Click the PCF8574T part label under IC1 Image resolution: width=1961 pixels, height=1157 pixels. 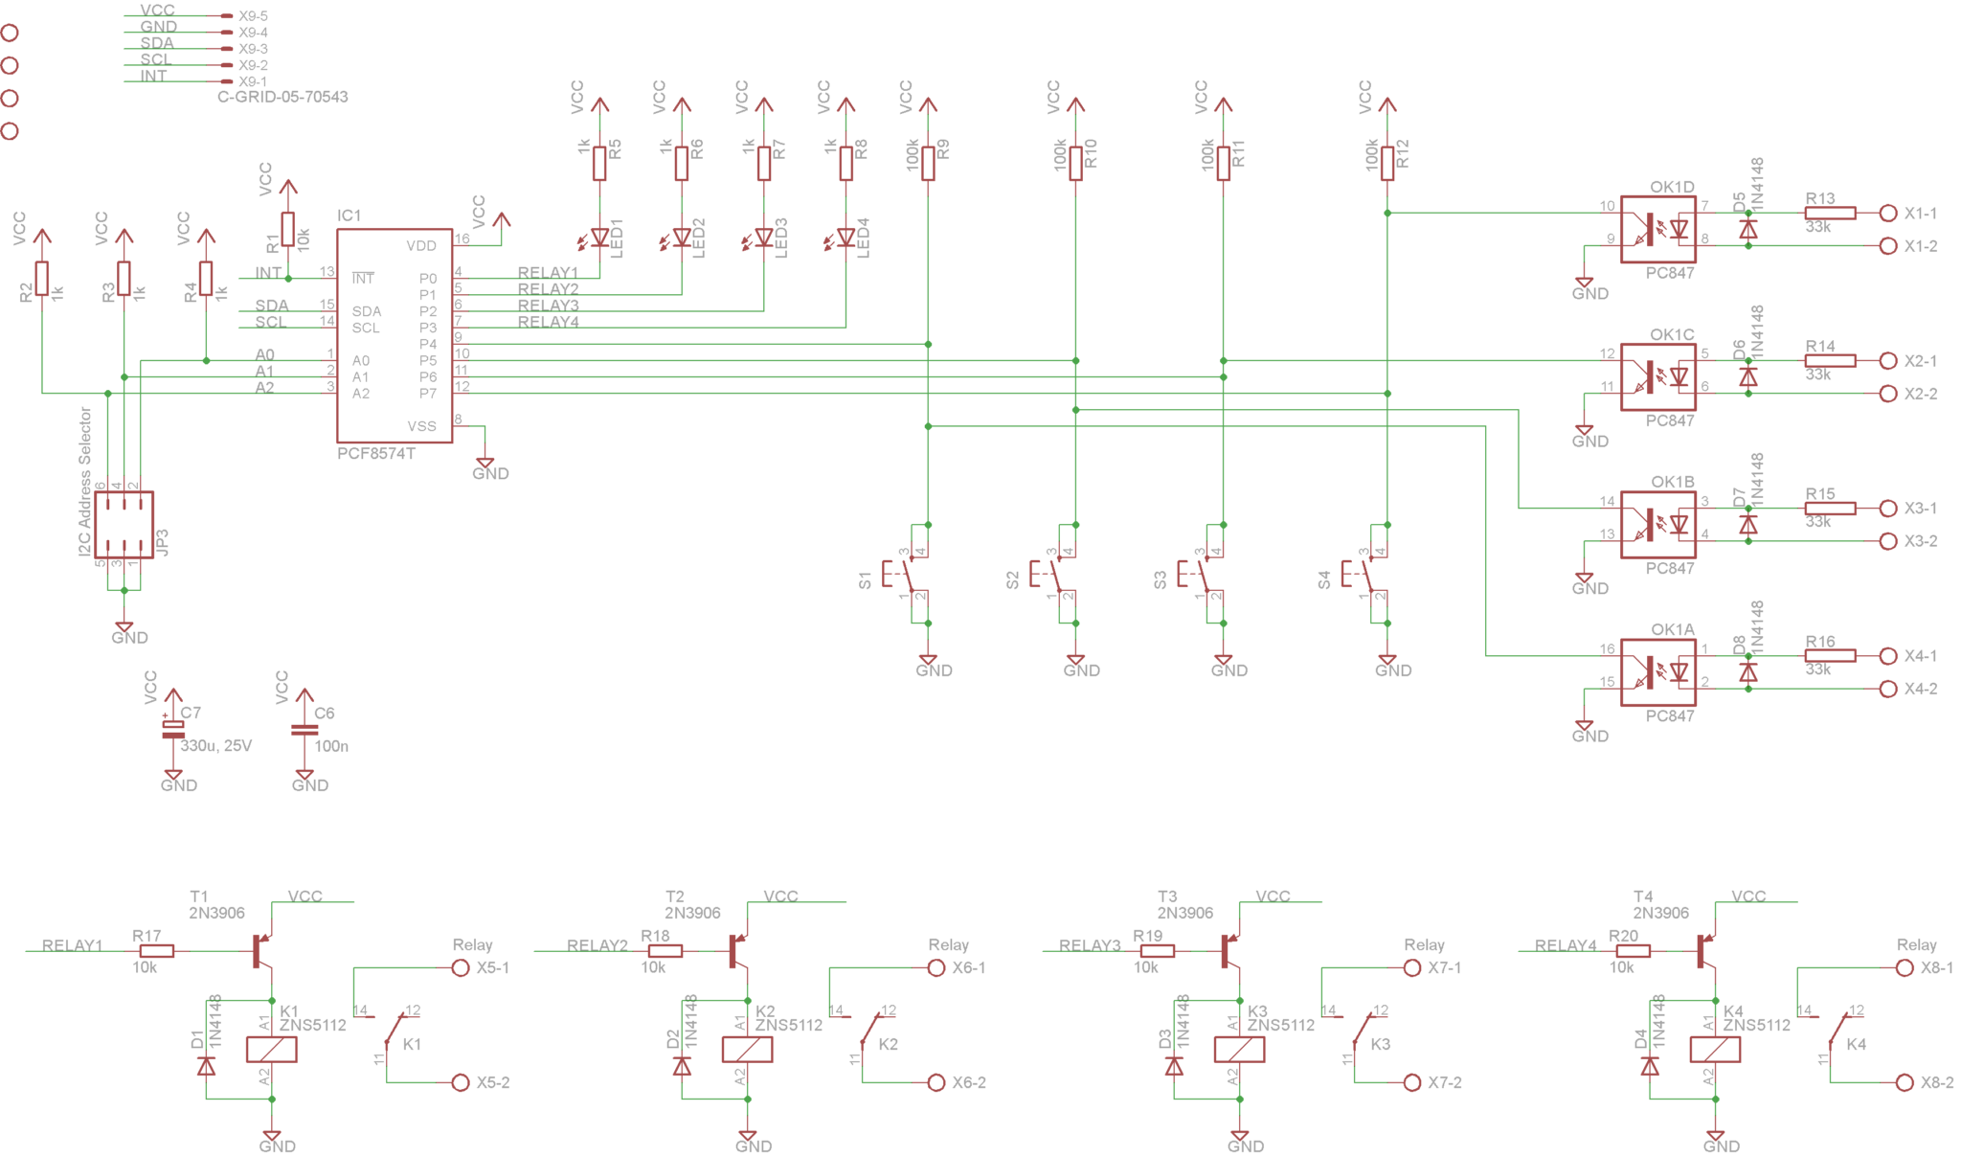click(x=375, y=453)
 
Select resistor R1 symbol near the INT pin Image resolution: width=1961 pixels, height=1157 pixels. click(x=287, y=229)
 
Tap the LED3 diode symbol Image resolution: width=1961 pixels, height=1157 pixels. click(x=763, y=237)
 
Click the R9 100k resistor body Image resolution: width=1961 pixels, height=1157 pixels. click(x=928, y=162)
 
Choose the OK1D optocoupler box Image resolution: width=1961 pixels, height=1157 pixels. click(x=1657, y=229)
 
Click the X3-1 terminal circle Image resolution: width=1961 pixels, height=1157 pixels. click(x=1887, y=509)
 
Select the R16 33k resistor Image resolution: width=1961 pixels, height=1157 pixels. click(x=1829, y=656)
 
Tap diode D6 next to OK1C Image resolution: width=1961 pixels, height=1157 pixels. click(x=1747, y=377)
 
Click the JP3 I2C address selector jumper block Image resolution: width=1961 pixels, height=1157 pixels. click(x=124, y=525)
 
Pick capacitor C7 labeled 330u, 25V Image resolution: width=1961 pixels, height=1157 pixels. click(x=172, y=730)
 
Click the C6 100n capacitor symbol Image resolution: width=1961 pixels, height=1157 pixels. click(x=304, y=730)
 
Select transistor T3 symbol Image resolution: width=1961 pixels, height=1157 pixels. click(x=1229, y=950)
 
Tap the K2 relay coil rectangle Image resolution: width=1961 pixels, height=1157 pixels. click(x=747, y=1050)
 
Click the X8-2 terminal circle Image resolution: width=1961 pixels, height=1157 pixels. click(x=1904, y=1082)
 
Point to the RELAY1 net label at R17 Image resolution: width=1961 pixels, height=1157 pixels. click(x=72, y=945)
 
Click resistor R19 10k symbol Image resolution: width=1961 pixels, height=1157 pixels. click(x=1157, y=951)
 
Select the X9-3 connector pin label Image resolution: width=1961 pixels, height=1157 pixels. click(x=253, y=49)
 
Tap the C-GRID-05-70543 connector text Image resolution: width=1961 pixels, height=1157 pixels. click(x=282, y=97)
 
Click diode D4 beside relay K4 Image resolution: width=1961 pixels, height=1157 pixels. click(x=1649, y=1066)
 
